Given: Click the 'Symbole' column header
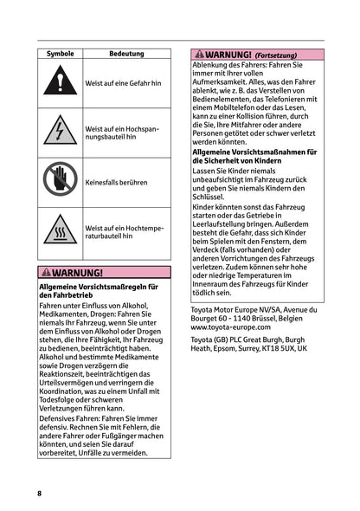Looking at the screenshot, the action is point(60,54).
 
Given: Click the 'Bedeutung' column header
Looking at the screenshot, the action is point(126,54).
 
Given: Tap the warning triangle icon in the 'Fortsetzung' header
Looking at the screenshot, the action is point(199,54).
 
